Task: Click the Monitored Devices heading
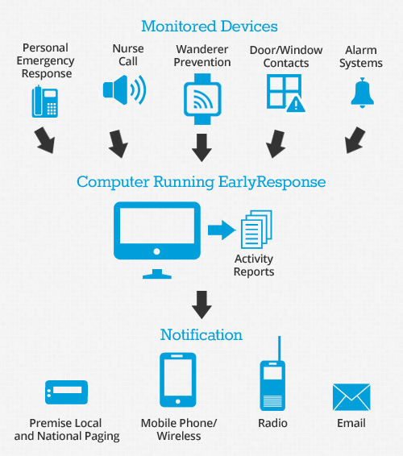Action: (x=210, y=26)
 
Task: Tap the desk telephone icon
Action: (x=45, y=102)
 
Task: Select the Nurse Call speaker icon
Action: (x=124, y=89)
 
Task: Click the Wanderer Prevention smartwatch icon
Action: (x=202, y=99)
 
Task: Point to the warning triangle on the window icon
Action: (x=296, y=104)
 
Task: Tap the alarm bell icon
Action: (x=362, y=93)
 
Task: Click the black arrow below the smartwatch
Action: (x=202, y=147)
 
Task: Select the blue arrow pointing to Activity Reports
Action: (x=222, y=230)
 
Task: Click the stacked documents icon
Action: (x=256, y=230)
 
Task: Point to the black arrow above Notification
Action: (x=202, y=305)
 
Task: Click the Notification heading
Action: (x=201, y=334)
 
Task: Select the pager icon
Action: (x=66, y=392)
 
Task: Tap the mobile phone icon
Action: (x=178, y=379)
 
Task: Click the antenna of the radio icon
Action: (x=280, y=348)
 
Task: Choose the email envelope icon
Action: (x=351, y=397)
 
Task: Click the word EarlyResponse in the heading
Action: (x=272, y=182)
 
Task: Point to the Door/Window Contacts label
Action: (x=286, y=56)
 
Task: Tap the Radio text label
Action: (x=272, y=423)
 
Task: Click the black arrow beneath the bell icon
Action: (x=355, y=140)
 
